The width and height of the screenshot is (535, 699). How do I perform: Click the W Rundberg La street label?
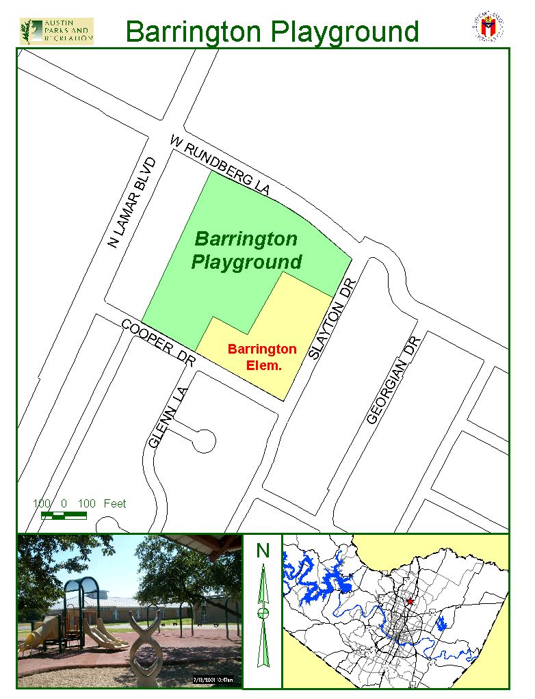220,165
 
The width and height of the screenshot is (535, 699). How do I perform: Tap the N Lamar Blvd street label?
133,202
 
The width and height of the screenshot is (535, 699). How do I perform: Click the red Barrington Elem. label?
263,357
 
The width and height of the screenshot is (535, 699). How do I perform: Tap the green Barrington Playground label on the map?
246,250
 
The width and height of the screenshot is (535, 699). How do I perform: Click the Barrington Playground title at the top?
272,31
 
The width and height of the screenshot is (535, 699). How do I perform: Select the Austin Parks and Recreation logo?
57,31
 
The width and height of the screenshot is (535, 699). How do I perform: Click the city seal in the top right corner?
488,26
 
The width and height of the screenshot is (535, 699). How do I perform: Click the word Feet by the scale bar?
115,503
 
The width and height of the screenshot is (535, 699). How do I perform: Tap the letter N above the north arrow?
263,550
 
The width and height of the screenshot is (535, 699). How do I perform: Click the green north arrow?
263,616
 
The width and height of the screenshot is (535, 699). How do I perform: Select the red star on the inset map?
409,601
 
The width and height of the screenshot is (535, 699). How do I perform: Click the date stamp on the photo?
212,680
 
